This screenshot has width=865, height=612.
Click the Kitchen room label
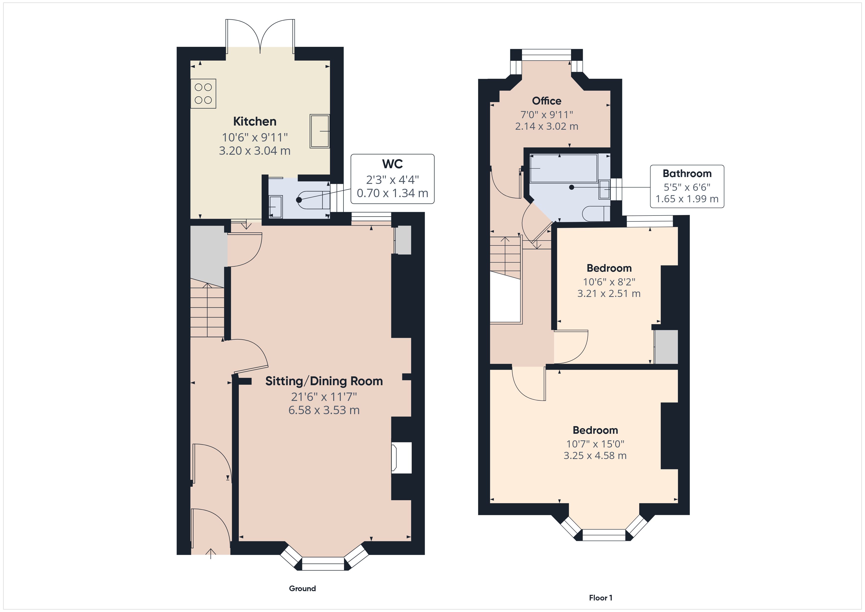(x=255, y=121)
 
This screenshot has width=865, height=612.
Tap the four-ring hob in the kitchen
(x=203, y=93)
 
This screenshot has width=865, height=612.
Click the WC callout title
(x=392, y=164)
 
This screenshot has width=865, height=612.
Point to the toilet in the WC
(x=313, y=200)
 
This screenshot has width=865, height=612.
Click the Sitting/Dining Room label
(x=324, y=381)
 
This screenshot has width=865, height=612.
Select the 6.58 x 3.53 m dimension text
(x=324, y=410)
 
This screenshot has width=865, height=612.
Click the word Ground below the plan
(x=302, y=588)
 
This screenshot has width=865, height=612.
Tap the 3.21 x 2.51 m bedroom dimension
(x=609, y=293)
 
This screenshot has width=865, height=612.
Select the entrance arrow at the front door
(x=211, y=553)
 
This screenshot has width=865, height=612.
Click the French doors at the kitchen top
(x=260, y=38)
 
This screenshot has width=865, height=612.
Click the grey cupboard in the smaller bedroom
(x=666, y=347)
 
